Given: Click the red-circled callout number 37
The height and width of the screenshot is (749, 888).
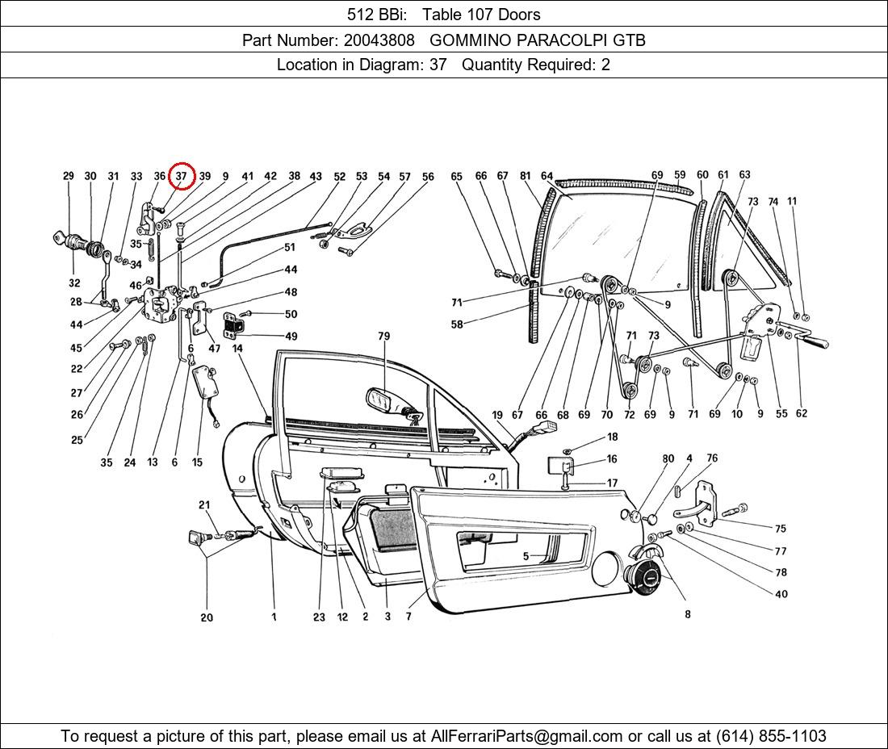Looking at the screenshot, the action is (181, 176).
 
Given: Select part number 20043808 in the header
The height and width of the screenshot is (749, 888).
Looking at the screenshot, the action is (379, 40).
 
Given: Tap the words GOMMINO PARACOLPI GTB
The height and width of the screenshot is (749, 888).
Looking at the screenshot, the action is (538, 40).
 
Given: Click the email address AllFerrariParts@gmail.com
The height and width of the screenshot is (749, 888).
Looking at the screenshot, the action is (526, 736).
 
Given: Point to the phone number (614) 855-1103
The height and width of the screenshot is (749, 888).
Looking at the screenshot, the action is (771, 736).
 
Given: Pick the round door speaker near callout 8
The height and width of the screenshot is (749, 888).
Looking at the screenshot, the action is (643, 574).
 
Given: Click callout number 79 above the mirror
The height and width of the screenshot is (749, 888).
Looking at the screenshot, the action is (384, 337).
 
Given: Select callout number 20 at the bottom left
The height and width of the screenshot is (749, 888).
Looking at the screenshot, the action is (207, 617).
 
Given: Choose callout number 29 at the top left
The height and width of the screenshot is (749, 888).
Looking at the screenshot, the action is (69, 176).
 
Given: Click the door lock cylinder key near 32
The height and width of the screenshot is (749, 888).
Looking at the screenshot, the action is (61, 238).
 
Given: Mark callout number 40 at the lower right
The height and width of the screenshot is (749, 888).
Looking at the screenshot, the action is (781, 595).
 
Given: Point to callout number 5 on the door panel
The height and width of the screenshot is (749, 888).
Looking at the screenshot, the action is (526, 557).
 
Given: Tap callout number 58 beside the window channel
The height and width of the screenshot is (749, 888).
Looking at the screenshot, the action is (457, 324).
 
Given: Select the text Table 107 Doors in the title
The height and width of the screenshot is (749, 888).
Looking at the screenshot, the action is (481, 15).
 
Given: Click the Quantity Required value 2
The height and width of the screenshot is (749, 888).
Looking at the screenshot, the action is (605, 65).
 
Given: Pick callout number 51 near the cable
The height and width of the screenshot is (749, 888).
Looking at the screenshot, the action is (290, 248).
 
